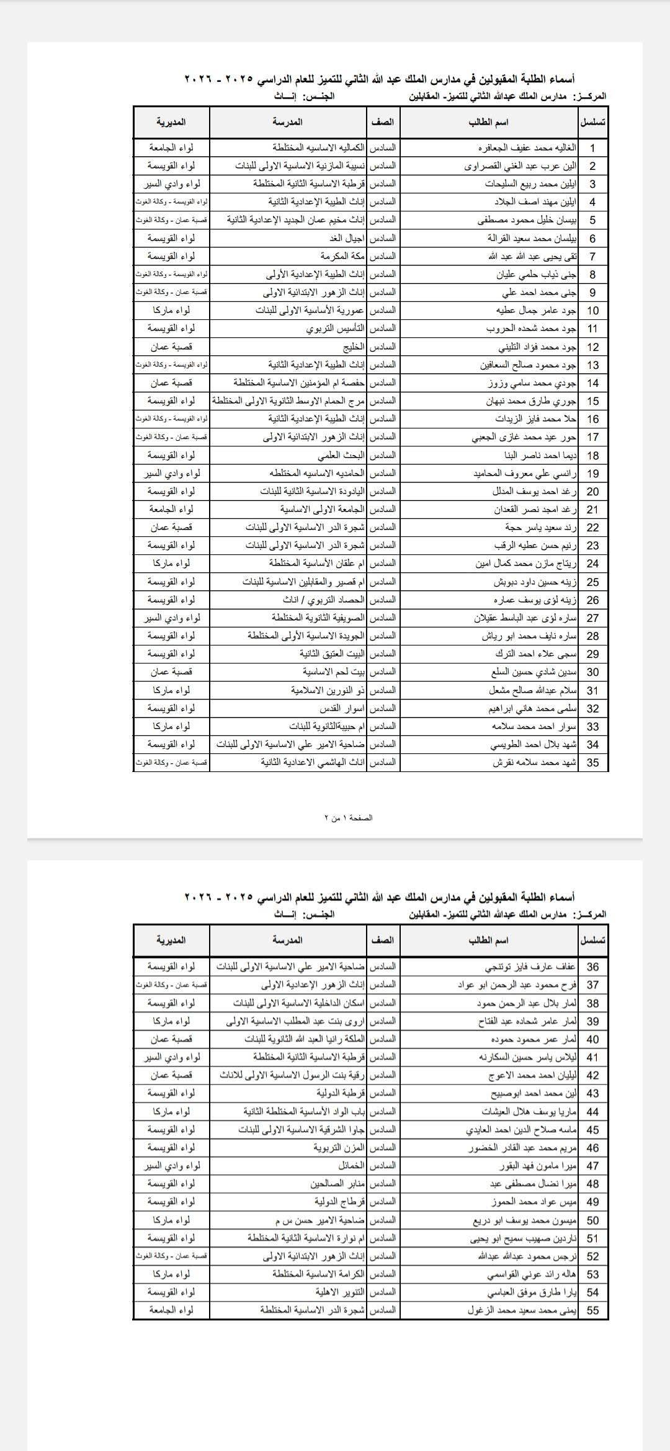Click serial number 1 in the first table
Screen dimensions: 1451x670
click(592, 148)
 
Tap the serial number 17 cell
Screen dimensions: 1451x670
click(592, 437)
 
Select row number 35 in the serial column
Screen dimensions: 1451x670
click(592, 763)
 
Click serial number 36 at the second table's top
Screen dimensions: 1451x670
click(592, 967)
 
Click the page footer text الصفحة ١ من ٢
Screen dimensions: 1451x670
click(348, 818)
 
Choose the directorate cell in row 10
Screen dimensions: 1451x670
click(171, 310)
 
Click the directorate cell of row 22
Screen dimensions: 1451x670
click(171, 527)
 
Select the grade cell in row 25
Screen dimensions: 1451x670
click(383, 582)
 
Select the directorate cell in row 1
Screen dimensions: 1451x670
click(171, 148)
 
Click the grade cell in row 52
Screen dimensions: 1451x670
click(383, 1256)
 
